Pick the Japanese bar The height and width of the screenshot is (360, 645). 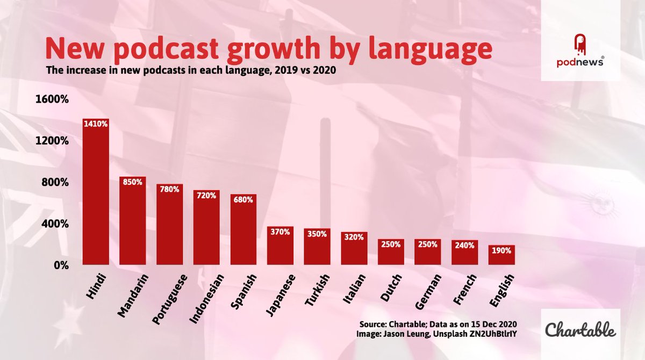point(281,246)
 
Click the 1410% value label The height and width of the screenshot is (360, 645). point(96,124)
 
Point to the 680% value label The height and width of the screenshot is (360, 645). point(243,199)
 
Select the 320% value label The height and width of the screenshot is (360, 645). point(354,237)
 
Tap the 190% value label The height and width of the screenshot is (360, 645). point(501,250)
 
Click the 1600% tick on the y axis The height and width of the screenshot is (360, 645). point(52,99)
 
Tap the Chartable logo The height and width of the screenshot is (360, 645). point(580,329)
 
